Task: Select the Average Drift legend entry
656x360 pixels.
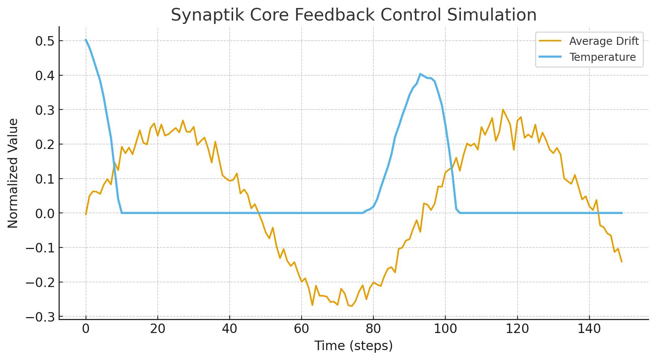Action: tap(604, 41)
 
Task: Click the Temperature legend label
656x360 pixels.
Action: tap(602, 57)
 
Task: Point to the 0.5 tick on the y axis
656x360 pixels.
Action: tap(45, 41)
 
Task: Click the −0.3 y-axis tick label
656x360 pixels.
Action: tap(40, 317)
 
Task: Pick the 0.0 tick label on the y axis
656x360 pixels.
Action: tap(45, 213)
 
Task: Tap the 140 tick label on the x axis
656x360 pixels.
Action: tap(589, 328)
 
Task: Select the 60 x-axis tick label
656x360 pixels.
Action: tap(301, 328)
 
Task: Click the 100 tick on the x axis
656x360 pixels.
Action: tap(445, 328)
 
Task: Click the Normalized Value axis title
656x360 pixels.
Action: tap(13, 173)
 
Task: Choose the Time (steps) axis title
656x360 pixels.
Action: tap(353, 346)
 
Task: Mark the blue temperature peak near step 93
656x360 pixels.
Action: tap(420, 74)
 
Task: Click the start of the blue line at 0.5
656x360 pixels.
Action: tap(86, 40)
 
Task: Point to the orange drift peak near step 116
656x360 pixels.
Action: tap(503, 109)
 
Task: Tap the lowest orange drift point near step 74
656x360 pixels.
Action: tap(352, 306)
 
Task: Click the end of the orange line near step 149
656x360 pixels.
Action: tap(621, 262)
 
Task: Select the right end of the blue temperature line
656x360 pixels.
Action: tap(622, 213)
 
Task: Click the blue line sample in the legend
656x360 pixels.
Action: tap(550, 57)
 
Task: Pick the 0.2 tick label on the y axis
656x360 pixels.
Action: tap(45, 144)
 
